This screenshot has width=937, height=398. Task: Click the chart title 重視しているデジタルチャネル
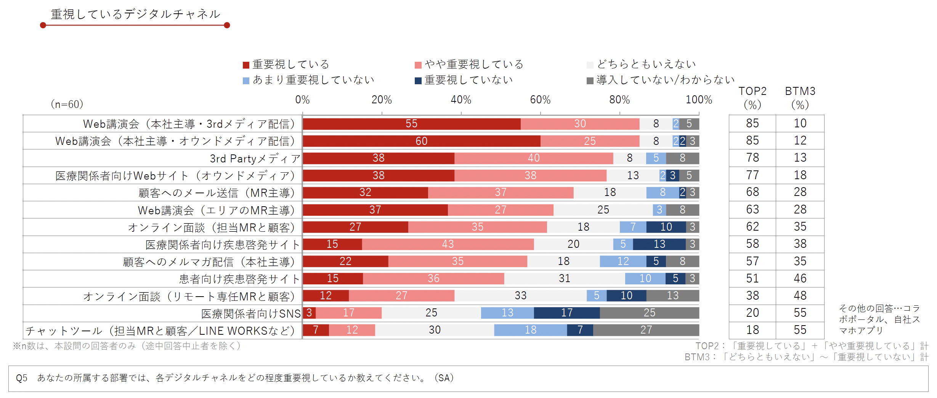click(x=135, y=14)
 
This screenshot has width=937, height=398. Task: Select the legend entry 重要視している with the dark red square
click(x=286, y=64)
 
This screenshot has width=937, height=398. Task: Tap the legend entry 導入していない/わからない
click(x=661, y=80)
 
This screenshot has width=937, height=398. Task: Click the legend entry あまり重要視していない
click(x=309, y=80)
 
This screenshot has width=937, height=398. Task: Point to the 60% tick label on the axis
click(x=540, y=100)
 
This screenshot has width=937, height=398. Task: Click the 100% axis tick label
click(x=698, y=100)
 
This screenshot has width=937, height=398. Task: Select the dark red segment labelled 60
click(x=421, y=141)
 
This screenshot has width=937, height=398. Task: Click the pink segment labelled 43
click(x=448, y=244)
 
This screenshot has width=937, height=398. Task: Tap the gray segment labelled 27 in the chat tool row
click(x=646, y=330)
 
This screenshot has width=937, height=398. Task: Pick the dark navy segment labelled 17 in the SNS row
click(x=566, y=313)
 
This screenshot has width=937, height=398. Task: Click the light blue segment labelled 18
click(x=530, y=330)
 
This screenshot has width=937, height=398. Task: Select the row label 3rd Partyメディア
click(x=255, y=159)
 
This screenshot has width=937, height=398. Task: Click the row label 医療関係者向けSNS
click(x=251, y=314)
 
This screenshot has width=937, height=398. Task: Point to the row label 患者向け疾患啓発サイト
click(x=239, y=279)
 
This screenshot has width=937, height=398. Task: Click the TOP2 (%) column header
click(x=752, y=98)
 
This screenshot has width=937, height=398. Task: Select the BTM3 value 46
click(x=800, y=279)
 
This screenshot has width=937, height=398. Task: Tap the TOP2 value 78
click(x=752, y=158)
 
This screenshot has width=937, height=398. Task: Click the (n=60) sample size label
click(x=67, y=104)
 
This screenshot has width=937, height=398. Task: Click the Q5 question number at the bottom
click(x=22, y=378)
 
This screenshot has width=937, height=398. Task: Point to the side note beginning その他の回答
click(x=879, y=319)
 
